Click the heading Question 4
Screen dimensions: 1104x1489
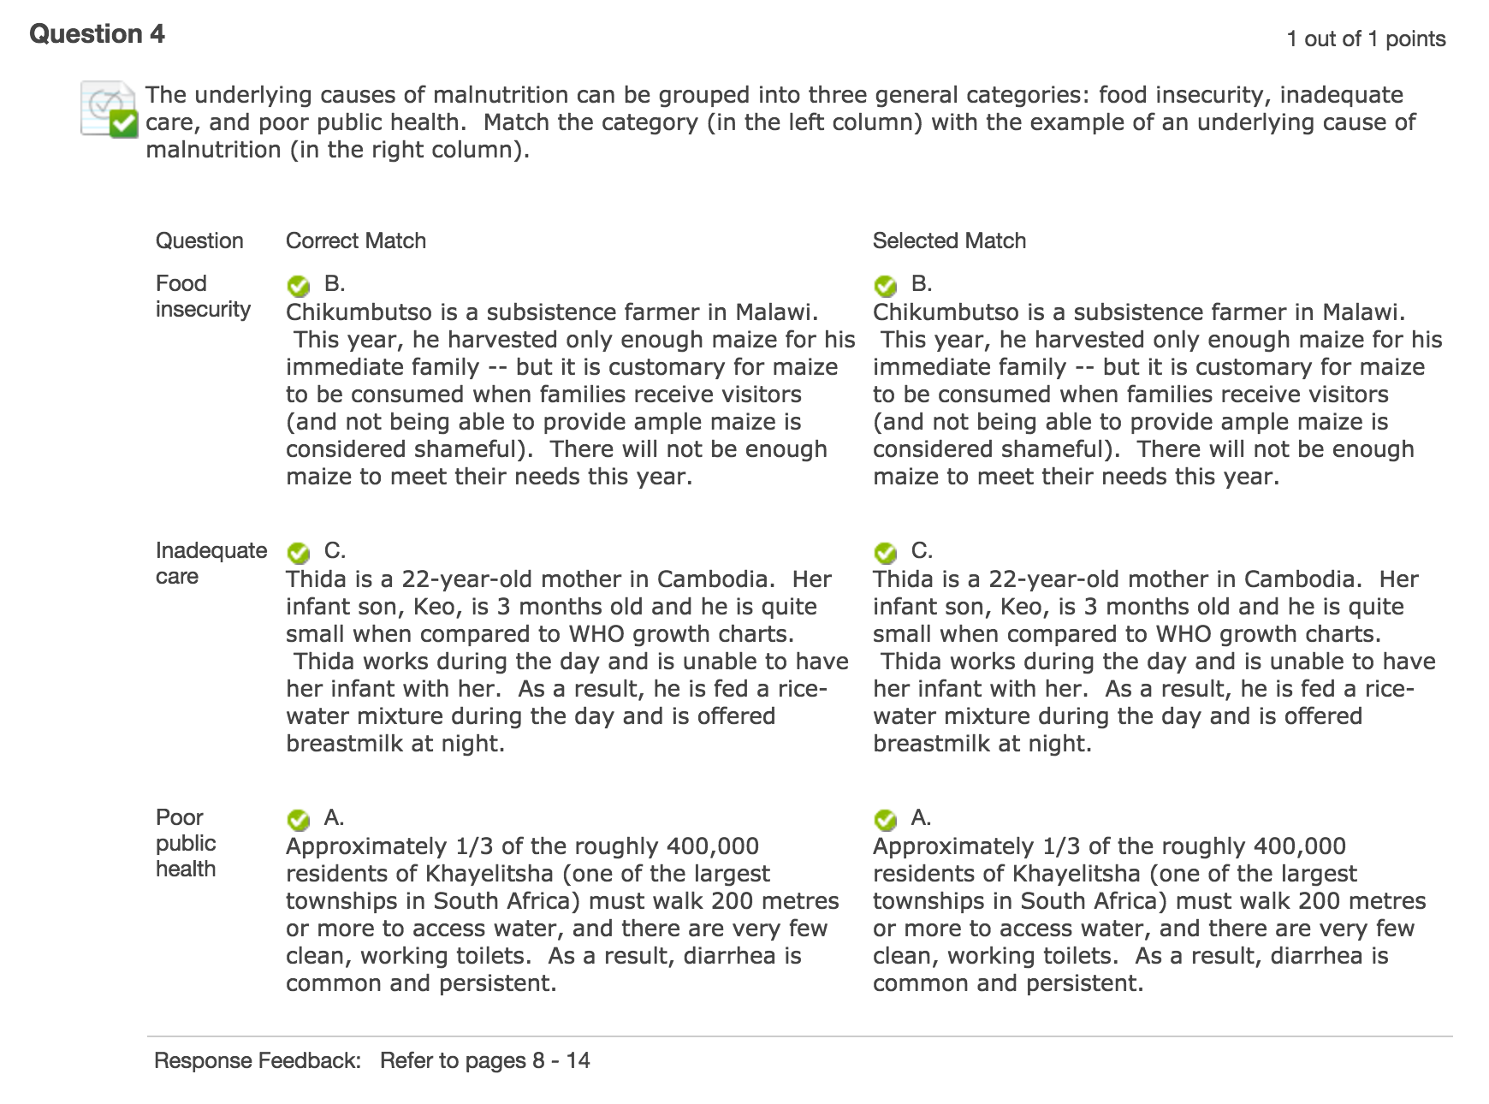click(97, 34)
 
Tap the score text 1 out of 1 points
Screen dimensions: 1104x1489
click(1366, 39)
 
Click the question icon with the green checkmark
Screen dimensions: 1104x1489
click(109, 110)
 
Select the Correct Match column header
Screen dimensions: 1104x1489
click(355, 240)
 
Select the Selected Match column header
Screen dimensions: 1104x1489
click(949, 240)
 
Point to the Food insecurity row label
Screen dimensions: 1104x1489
click(202, 296)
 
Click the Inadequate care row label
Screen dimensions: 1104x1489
click(211, 563)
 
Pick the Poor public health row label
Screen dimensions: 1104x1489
click(186, 843)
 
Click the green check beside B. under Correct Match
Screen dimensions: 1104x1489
click(298, 285)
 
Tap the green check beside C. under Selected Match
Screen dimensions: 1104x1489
click(885, 552)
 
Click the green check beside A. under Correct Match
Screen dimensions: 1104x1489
click(298, 819)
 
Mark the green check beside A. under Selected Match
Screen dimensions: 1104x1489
click(885, 819)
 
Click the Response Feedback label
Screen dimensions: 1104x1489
click(257, 1060)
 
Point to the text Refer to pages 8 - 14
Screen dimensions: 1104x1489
click(485, 1060)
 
